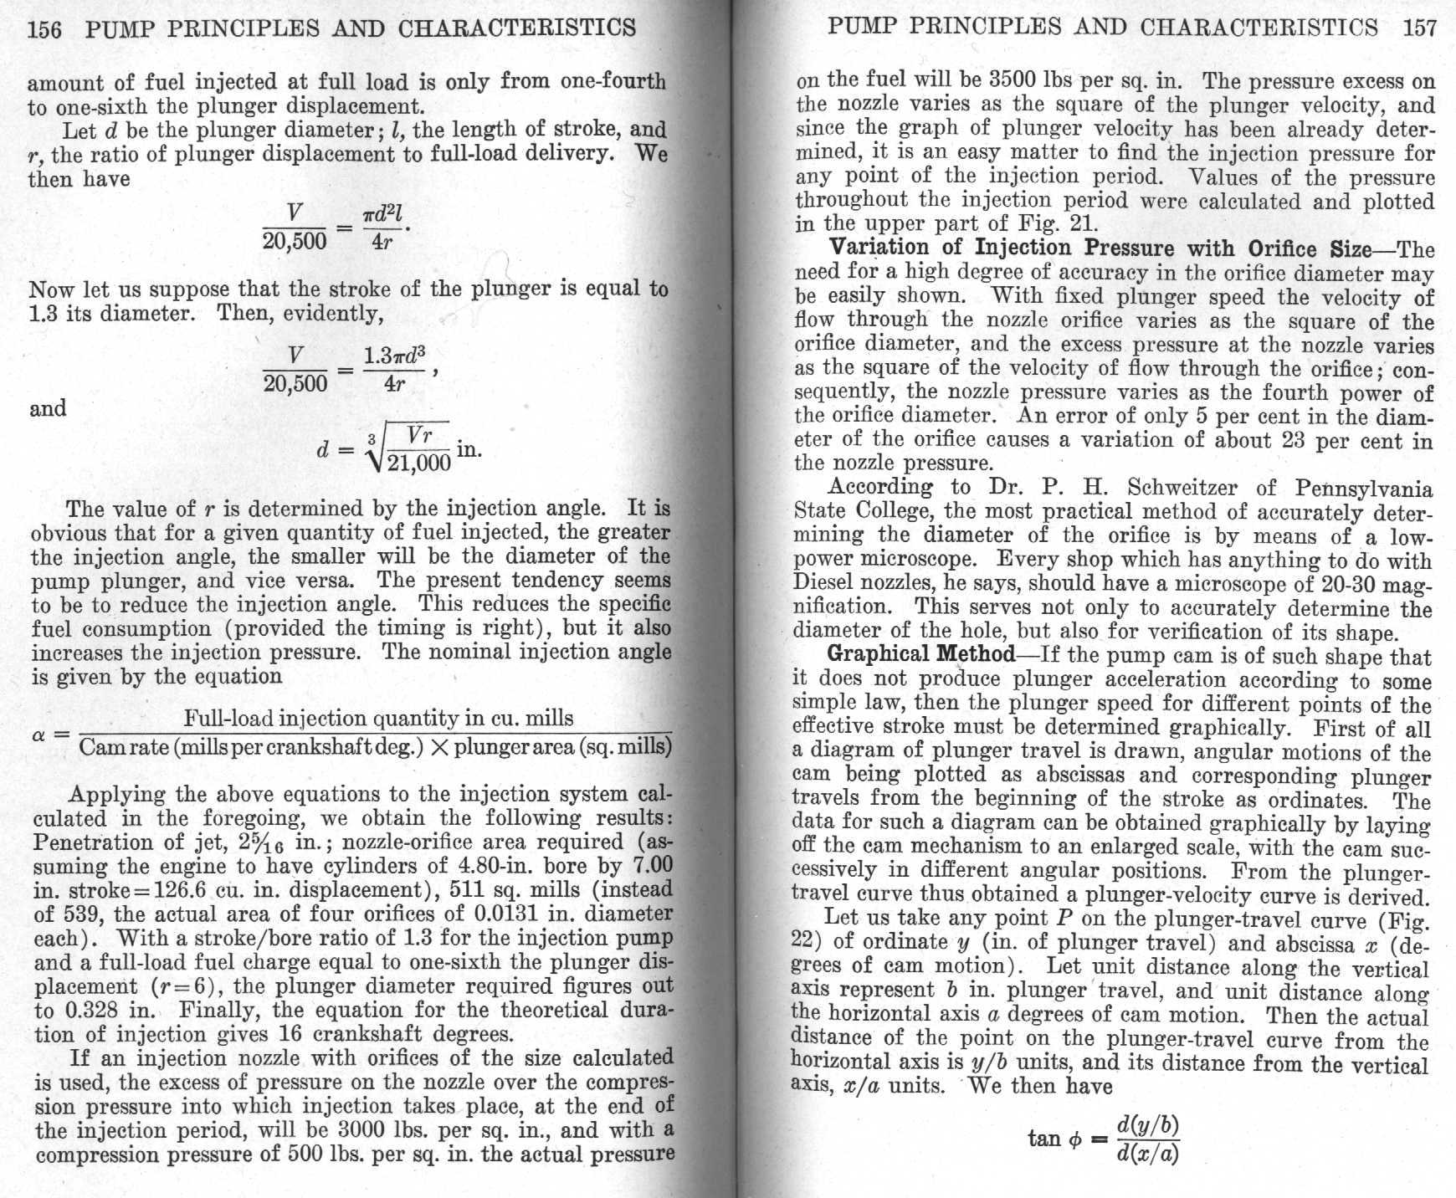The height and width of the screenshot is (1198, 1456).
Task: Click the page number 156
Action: click(44, 28)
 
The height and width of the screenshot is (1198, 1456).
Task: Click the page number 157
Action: click(1420, 27)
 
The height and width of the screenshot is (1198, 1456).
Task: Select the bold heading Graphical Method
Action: click(920, 654)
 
